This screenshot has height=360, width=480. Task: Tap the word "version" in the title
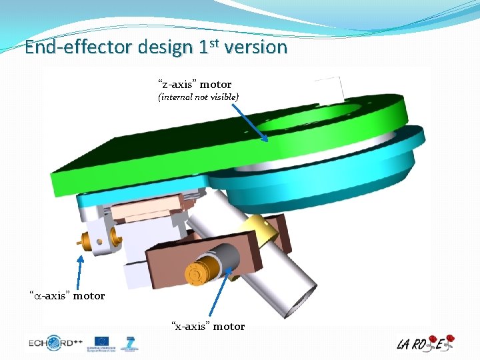point(256,47)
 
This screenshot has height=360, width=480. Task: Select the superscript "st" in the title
point(215,43)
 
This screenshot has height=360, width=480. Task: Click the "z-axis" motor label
point(195,85)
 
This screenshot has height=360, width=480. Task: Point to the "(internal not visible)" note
point(198,97)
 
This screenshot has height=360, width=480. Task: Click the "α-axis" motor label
point(67,295)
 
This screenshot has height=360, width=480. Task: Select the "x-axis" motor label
point(208,326)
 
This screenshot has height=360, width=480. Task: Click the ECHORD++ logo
point(55,344)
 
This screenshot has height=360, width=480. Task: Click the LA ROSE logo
point(425,343)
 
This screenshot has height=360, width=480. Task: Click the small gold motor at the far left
point(88,239)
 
